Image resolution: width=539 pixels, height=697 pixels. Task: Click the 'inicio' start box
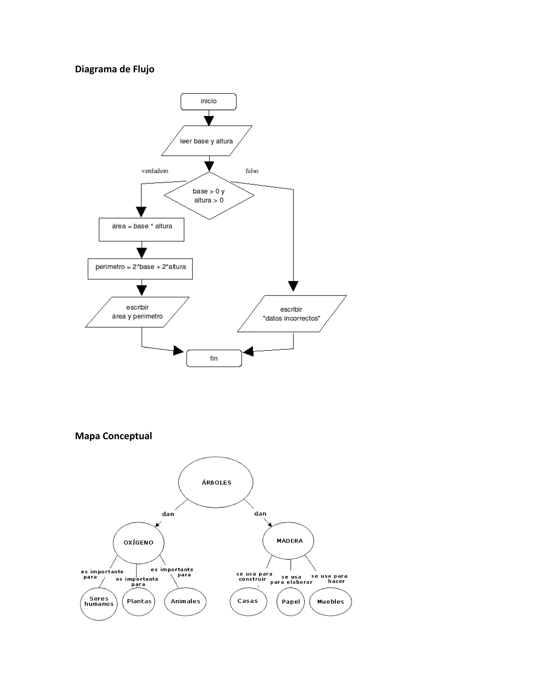[208, 102]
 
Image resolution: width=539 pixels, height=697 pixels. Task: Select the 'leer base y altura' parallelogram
[207, 141]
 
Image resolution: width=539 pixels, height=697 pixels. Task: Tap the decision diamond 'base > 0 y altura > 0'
[209, 196]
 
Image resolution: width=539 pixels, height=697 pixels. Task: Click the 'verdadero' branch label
[155, 171]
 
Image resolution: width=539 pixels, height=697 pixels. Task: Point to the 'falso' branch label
[252, 171]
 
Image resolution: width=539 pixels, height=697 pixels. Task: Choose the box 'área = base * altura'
[141, 229]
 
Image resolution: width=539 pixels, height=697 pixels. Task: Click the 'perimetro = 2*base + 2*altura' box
[140, 269]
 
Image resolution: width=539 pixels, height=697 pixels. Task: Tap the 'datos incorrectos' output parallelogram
[292, 314]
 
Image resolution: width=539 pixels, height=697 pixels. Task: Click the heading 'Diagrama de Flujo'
[114, 69]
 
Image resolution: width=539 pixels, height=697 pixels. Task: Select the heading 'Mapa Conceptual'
[113, 436]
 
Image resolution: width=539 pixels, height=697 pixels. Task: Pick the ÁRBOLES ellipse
[216, 482]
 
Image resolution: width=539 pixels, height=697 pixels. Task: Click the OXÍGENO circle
[139, 543]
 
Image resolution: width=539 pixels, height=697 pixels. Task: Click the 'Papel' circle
[291, 602]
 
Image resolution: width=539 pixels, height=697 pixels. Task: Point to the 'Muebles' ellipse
[331, 602]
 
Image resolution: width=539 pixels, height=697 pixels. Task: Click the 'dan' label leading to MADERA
[260, 513]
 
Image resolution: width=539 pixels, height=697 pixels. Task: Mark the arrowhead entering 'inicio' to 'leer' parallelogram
[209, 121]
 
